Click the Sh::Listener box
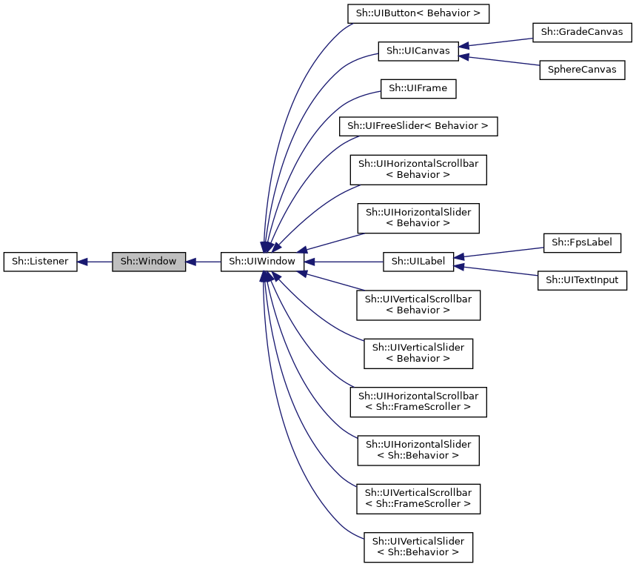pos(40,262)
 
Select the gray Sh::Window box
pos(148,262)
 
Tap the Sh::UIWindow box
pos(262,262)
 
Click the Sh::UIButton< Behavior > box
pos(418,13)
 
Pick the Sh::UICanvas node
pos(418,51)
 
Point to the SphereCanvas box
pos(581,70)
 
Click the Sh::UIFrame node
pos(418,89)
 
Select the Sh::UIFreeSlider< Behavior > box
pos(418,126)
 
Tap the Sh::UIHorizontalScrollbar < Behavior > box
pos(418,170)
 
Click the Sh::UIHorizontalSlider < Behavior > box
pos(418,218)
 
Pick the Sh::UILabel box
pos(418,262)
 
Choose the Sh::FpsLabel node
pos(581,242)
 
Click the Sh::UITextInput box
pos(581,280)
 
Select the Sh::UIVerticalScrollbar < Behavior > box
pos(418,305)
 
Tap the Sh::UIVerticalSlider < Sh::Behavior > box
pos(418,546)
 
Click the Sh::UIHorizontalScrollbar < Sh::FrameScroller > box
pos(418,401)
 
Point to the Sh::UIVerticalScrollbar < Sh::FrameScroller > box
pos(418,498)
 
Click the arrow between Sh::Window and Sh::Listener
pos(95,262)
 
